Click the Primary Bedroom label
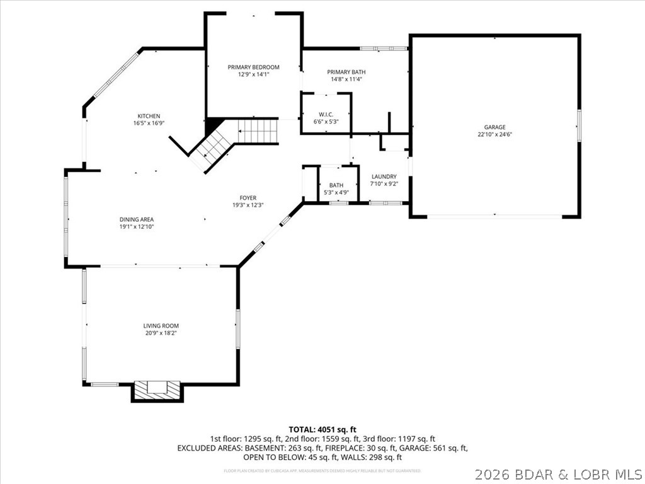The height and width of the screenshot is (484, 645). pyautogui.click(x=253, y=67)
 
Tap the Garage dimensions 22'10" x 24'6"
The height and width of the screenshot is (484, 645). pyautogui.click(x=495, y=134)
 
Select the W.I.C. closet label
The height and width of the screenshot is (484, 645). pyautogui.click(x=326, y=114)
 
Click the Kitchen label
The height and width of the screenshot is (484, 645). pyautogui.click(x=149, y=116)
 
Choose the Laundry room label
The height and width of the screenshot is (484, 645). pyautogui.click(x=384, y=176)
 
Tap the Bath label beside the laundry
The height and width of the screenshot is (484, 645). pyautogui.click(x=336, y=185)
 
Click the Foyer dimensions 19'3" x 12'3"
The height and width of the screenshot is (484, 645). pyautogui.click(x=248, y=205)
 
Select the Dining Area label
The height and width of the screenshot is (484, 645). pyautogui.click(x=137, y=219)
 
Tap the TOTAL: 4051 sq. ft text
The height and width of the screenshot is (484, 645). pyautogui.click(x=322, y=429)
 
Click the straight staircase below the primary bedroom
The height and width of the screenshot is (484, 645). pyautogui.click(x=258, y=132)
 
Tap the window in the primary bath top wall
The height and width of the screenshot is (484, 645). pyautogui.click(x=384, y=48)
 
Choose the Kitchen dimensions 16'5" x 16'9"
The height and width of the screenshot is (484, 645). pyautogui.click(x=149, y=124)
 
